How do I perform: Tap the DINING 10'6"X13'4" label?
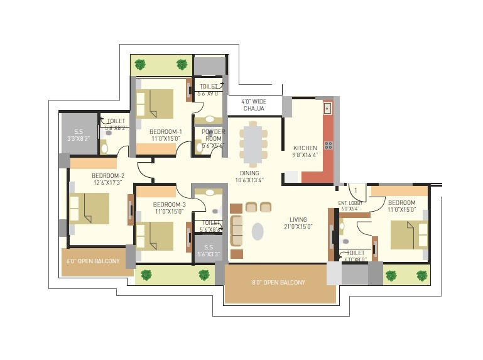[x=249, y=177]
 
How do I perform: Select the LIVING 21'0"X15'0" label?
[x=298, y=223]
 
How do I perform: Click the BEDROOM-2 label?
[x=107, y=179]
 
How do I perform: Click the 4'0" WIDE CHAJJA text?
[x=254, y=105]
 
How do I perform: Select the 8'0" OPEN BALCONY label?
[x=279, y=283]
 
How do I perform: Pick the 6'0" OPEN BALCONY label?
[x=93, y=261]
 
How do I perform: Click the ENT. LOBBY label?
[x=351, y=205]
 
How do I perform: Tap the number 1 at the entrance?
[x=355, y=190]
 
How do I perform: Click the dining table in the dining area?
[x=253, y=145]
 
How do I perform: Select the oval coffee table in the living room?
[x=258, y=231]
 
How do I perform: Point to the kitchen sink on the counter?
[x=327, y=109]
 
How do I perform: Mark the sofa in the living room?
[x=237, y=231]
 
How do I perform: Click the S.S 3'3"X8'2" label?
[x=79, y=133]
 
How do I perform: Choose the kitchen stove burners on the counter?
[x=328, y=145]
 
